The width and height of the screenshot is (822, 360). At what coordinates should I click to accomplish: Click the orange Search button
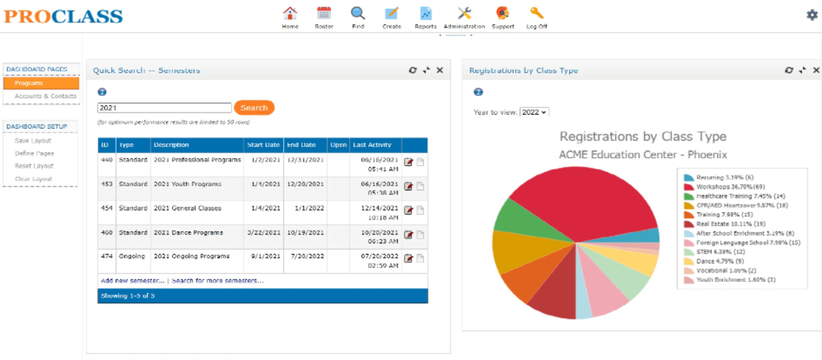pyautogui.click(x=254, y=108)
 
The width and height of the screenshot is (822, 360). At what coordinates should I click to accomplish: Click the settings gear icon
pyautogui.click(x=812, y=15)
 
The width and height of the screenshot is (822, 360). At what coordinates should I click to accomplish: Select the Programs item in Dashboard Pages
pyautogui.click(x=41, y=83)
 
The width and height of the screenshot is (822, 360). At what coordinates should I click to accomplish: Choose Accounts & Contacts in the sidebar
pyautogui.click(x=46, y=96)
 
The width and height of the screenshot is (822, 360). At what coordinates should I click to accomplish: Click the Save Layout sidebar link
pyautogui.click(x=33, y=140)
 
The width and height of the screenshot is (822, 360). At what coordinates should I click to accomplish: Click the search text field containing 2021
pyautogui.click(x=164, y=108)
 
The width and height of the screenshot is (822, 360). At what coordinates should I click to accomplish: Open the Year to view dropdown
pyautogui.click(x=534, y=112)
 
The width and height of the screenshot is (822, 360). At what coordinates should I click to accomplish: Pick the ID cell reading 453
pyautogui.click(x=107, y=184)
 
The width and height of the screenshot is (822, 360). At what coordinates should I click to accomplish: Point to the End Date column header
pyautogui.click(x=301, y=145)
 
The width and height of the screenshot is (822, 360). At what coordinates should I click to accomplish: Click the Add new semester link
pyautogui.click(x=132, y=281)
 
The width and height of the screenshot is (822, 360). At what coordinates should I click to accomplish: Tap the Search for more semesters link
pyautogui.click(x=218, y=281)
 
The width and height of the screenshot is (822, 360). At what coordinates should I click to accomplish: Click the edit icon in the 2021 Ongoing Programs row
pyautogui.click(x=409, y=258)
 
